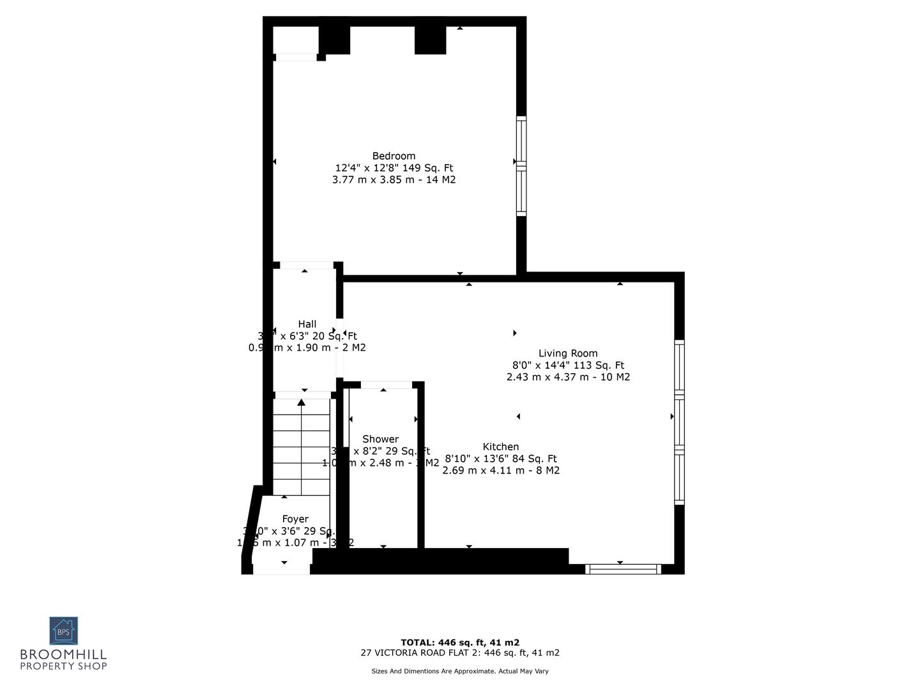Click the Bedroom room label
click(394, 156)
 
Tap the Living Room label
click(567, 353)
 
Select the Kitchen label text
click(501, 447)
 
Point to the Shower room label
click(380, 439)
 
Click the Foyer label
click(295, 519)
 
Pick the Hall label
click(307, 324)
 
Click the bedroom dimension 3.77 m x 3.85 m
click(394, 180)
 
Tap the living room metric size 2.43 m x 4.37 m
click(568, 377)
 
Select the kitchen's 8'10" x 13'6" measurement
click(501, 459)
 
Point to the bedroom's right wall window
click(521, 166)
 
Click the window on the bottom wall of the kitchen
click(623, 569)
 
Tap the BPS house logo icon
click(63, 631)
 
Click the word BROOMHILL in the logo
click(63, 654)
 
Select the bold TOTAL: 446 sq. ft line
click(460, 642)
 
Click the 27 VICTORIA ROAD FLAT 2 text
click(460, 653)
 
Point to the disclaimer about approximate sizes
click(460, 671)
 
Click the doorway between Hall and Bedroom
click(307, 265)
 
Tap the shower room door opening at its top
click(386, 385)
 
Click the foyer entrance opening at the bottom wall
click(282, 569)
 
